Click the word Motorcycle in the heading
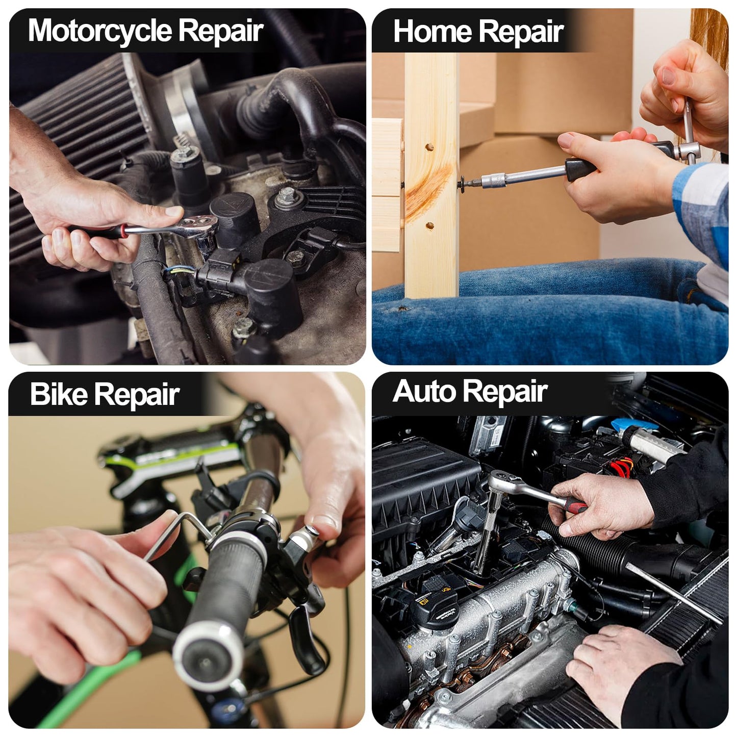pos(99,30)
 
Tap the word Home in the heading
pos(432,31)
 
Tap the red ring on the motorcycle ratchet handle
pos(123,231)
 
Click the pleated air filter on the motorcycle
pos(77,153)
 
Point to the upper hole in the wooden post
pos(429,147)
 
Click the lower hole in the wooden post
pos(429,225)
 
